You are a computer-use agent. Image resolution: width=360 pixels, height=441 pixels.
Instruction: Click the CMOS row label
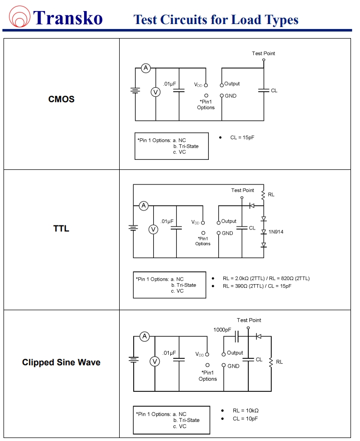point(61,99)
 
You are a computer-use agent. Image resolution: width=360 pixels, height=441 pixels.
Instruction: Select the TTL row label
point(61,229)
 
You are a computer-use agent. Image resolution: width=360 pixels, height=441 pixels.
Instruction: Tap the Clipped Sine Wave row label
point(61,362)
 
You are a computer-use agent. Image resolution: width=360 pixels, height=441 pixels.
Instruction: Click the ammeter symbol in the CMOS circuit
point(146,68)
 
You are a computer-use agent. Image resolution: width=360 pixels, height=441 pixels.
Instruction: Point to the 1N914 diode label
point(276,232)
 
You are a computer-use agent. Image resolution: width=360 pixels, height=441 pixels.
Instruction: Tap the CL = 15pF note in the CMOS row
point(242,137)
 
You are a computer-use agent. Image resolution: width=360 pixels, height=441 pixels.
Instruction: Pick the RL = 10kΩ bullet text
point(245,410)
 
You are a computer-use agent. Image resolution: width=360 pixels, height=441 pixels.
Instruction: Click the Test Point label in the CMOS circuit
point(263,54)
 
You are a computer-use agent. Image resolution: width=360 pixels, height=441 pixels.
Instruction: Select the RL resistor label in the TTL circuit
point(271,194)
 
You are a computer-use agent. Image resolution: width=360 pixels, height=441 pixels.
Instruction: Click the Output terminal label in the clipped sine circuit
point(235,353)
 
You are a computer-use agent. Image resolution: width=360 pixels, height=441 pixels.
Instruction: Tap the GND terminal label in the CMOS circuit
point(230,96)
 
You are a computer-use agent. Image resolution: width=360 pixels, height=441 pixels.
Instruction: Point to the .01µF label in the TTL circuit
point(167,221)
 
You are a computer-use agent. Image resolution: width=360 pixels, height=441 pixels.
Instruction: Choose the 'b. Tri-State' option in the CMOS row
point(185,146)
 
